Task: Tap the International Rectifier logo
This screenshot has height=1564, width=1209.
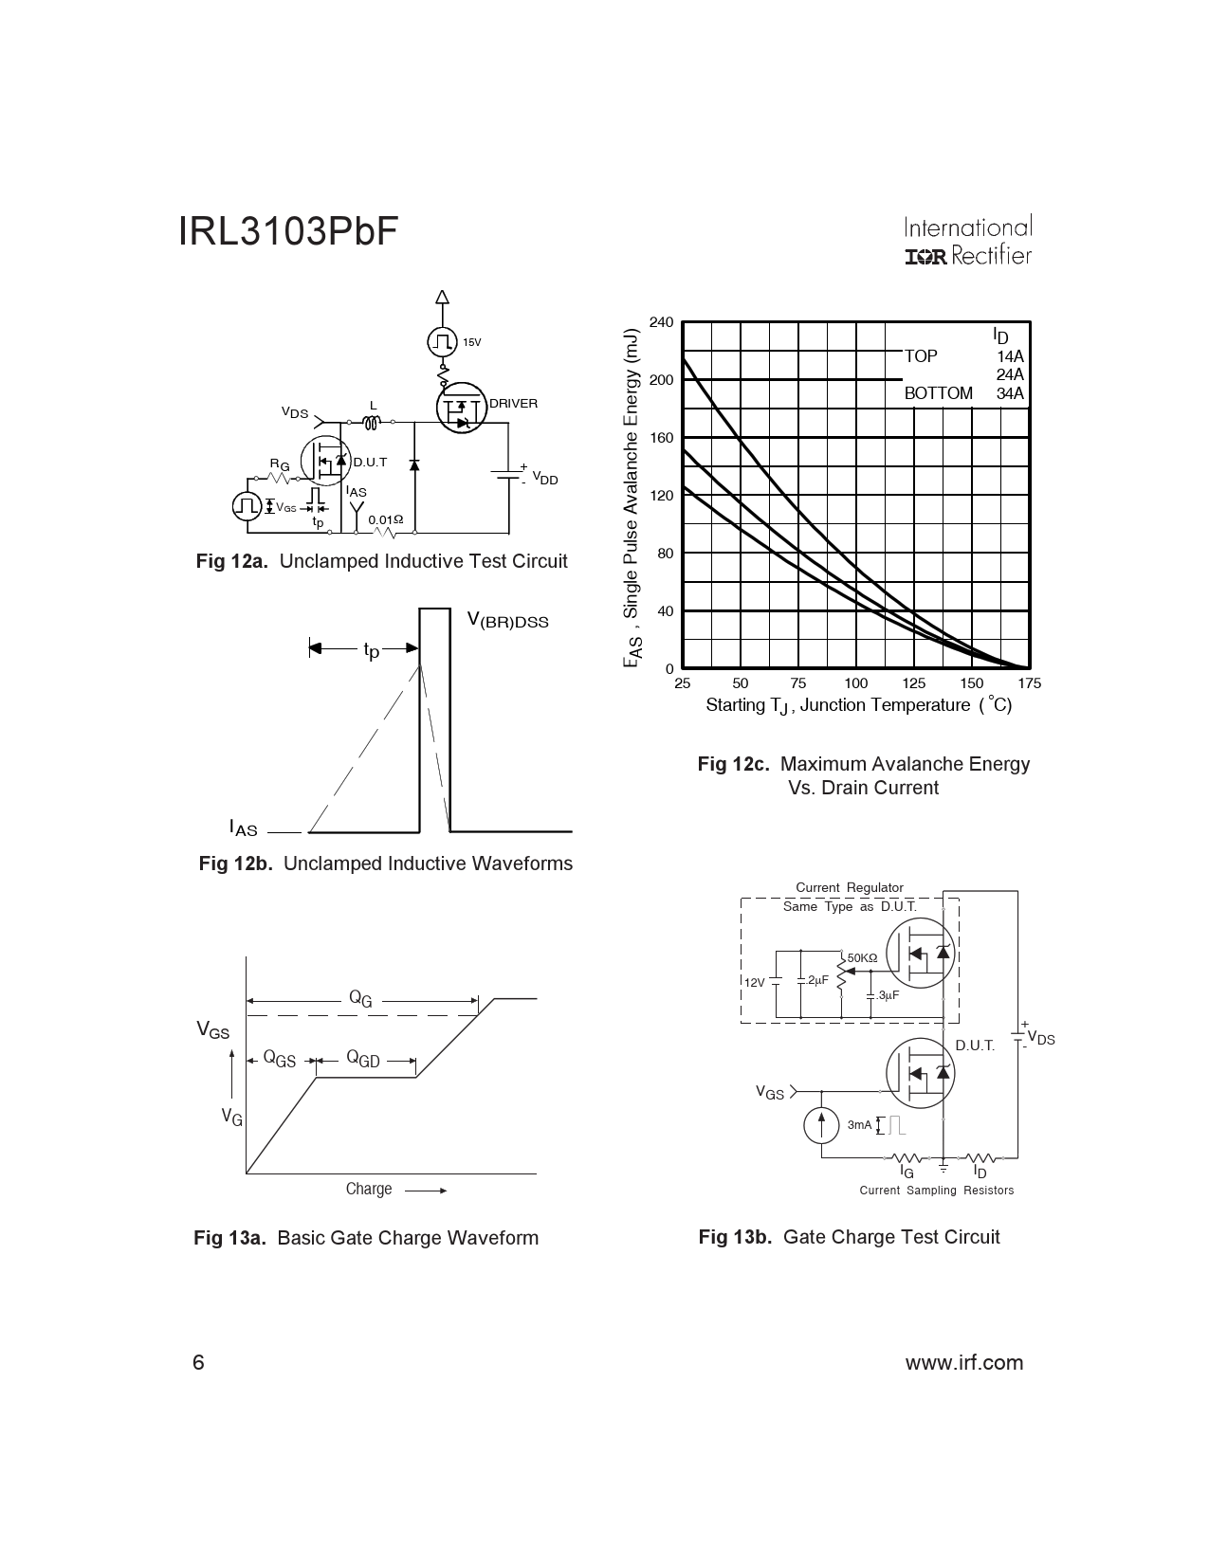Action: click(967, 243)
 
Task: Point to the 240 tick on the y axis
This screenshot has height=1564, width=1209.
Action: click(661, 323)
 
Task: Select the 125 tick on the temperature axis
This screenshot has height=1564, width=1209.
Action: click(913, 683)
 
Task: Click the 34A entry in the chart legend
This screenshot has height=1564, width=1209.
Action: click(1010, 393)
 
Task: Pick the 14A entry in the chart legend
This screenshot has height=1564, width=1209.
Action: click(1010, 357)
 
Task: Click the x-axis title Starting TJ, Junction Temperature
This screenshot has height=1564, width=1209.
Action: click(858, 705)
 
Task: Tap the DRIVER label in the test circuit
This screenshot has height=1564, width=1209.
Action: click(513, 404)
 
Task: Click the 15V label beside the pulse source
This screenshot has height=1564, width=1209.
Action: click(471, 342)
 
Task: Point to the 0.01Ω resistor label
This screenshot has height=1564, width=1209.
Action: click(385, 519)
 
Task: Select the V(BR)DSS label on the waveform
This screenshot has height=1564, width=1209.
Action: click(507, 621)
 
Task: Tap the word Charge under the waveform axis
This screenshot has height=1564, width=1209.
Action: click(369, 1189)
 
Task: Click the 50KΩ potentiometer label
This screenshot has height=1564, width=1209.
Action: click(862, 958)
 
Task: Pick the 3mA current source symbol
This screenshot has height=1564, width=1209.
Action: click(821, 1124)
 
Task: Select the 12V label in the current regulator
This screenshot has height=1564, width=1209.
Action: click(754, 983)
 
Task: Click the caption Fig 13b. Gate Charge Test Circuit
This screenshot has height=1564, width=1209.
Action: click(849, 1237)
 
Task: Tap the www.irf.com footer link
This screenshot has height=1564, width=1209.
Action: click(964, 1363)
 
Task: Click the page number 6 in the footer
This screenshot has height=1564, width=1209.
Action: click(198, 1363)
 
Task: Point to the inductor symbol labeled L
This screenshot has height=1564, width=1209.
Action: click(373, 422)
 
